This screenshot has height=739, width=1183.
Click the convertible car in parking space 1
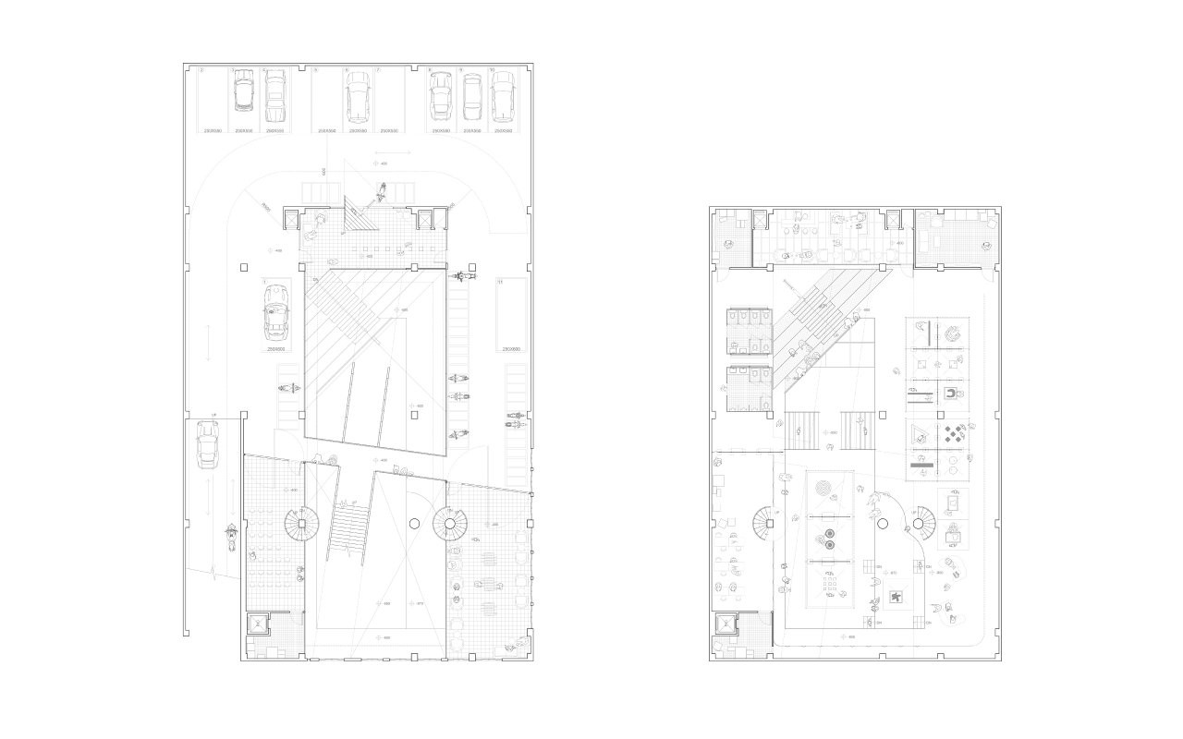coord(275,311)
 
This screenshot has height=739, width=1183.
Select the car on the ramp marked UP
coord(207,453)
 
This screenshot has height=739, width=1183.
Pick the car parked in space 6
coord(358,97)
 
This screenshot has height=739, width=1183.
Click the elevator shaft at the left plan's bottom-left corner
coord(257,624)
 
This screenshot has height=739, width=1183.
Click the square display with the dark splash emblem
coord(895,599)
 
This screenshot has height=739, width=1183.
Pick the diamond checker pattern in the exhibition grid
coord(956,433)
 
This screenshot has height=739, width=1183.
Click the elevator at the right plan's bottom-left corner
coord(727,624)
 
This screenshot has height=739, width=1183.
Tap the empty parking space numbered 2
coord(213,97)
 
